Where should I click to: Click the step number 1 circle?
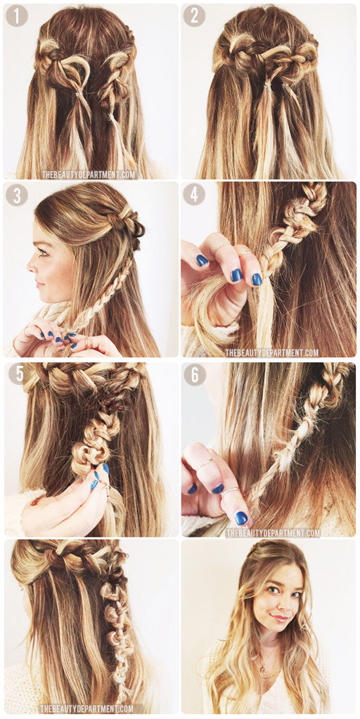click(x=17, y=16)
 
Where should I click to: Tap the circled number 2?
click(x=194, y=16)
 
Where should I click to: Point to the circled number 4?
click(x=194, y=194)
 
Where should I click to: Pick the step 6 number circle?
click(x=195, y=375)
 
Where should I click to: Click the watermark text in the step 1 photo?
click(x=89, y=174)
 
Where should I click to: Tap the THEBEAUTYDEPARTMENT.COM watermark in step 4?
click(x=272, y=352)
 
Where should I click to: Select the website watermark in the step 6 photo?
click(x=273, y=533)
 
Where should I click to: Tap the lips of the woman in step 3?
click(x=36, y=283)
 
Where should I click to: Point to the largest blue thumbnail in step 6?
click(x=241, y=517)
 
